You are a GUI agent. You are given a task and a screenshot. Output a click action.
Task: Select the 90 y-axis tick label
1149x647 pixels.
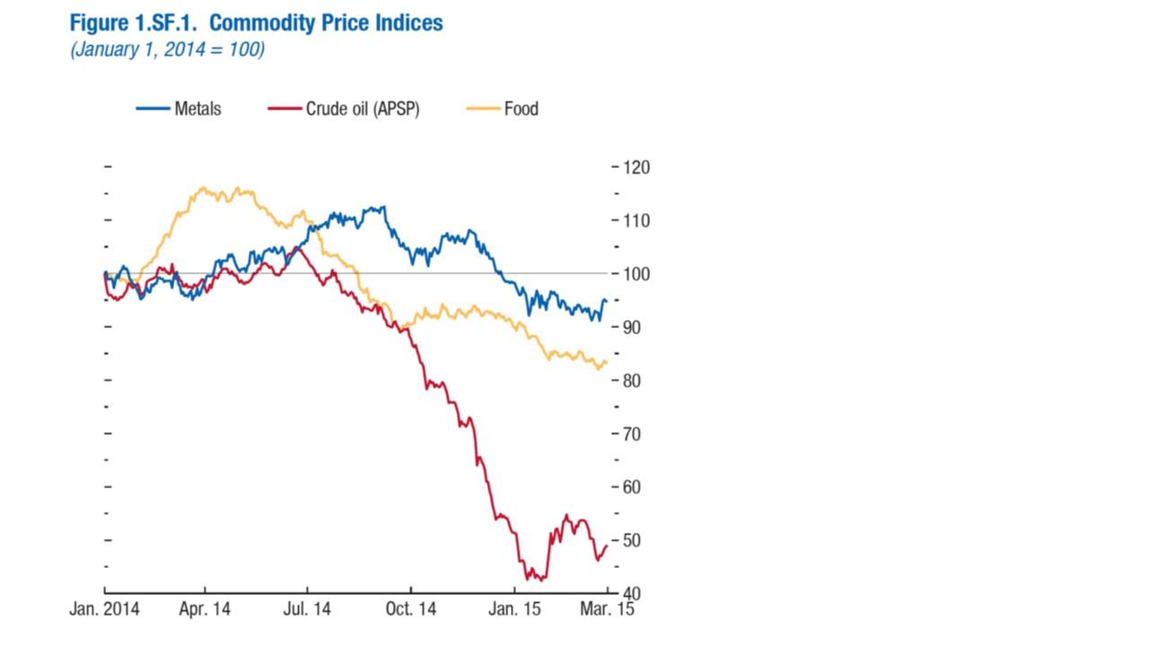pos(634,327)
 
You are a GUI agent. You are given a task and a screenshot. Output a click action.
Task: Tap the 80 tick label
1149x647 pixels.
pos(634,380)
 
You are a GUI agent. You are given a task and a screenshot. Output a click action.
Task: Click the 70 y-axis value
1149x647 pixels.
pos(634,434)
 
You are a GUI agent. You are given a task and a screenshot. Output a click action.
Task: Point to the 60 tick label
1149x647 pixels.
pos(634,487)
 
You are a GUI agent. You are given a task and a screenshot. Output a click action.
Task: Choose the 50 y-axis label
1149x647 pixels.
pos(634,540)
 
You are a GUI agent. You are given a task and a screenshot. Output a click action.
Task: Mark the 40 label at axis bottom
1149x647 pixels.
pos(634,593)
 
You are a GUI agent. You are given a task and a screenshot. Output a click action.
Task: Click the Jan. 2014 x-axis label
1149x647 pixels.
pos(104,609)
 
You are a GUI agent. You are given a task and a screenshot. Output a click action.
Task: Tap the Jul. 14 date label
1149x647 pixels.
pos(307,609)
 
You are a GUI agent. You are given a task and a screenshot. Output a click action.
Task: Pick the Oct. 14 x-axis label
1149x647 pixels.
pos(410,609)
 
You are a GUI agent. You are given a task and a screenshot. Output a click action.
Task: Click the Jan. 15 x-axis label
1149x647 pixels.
pos(515,609)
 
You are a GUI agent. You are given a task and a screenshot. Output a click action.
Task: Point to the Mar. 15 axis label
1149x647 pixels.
pos(606,609)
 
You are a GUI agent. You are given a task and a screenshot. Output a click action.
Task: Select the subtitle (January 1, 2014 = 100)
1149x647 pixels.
pos(167,49)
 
